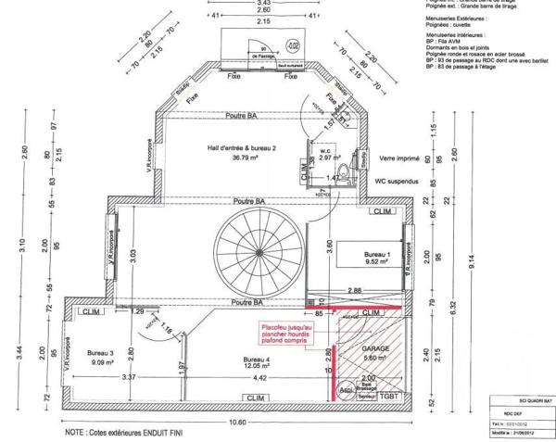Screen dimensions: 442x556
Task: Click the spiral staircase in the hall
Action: (251, 246)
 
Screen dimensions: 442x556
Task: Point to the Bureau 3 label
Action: (99, 352)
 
